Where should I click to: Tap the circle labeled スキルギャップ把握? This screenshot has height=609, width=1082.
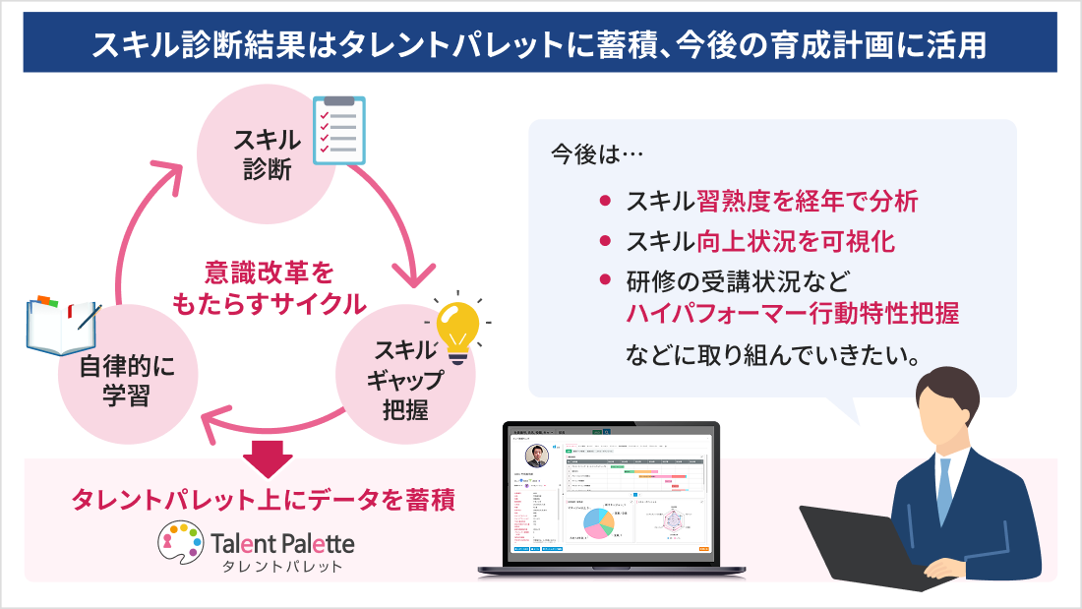(x=403, y=379)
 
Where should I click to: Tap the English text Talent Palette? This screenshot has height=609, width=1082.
(x=282, y=542)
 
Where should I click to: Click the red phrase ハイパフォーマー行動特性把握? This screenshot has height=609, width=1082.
(x=792, y=314)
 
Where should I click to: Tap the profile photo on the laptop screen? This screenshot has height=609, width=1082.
(x=537, y=457)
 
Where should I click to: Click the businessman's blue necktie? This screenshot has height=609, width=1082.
(x=945, y=491)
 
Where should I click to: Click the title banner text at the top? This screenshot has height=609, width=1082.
(x=540, y=43)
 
